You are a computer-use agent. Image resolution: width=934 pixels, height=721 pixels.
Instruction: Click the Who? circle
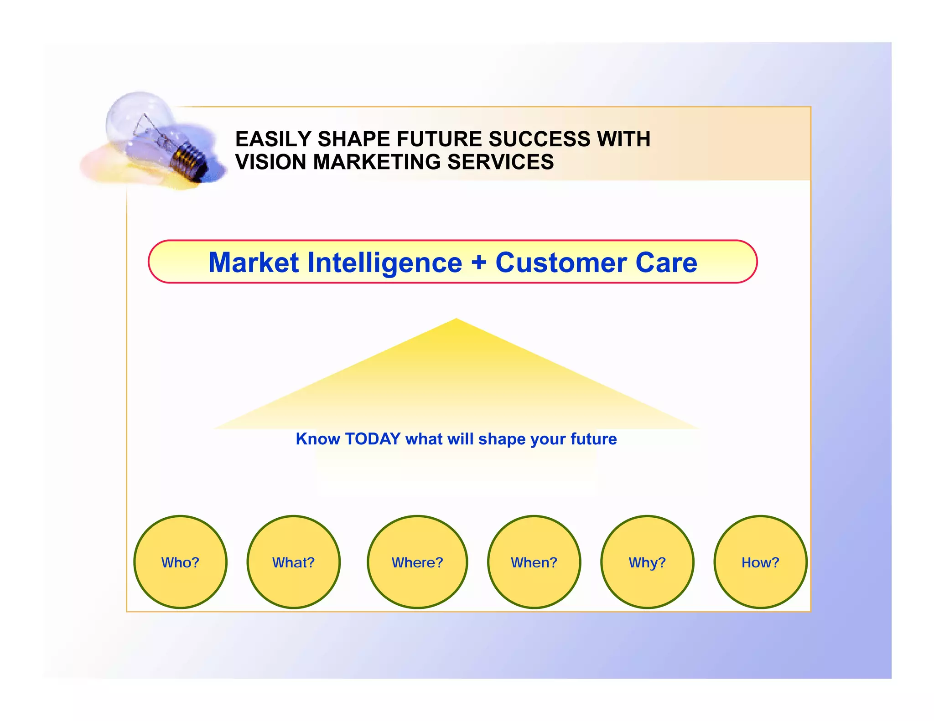(180, 562)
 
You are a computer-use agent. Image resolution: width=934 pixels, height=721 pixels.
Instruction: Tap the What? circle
(293, 562)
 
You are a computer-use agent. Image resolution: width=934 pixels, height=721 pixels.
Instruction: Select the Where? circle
(417, 562)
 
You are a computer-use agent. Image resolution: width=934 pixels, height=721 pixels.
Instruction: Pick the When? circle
(534, 562)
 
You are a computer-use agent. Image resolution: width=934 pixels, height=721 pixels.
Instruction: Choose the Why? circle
(647, 562)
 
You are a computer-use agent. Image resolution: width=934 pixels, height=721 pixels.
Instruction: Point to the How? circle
(760, 562)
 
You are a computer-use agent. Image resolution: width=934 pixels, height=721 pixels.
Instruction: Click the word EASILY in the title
(273, 139)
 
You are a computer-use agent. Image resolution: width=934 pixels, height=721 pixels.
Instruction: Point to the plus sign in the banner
(479, 263)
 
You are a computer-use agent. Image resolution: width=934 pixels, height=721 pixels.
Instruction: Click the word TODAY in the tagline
(373, 439)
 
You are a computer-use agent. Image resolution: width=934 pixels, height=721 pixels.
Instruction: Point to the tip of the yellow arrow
(456, 321)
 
